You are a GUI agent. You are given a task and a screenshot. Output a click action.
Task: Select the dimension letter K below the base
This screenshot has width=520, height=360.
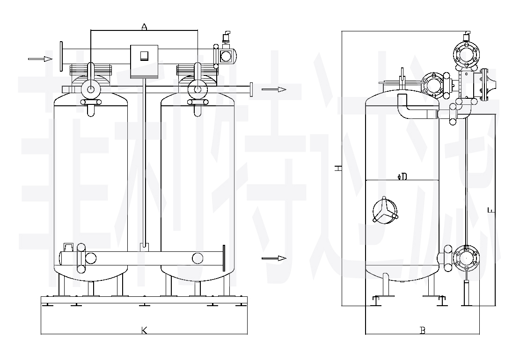[x=144, y=331]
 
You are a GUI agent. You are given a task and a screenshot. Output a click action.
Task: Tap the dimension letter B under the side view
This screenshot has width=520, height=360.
[x=422, y=331]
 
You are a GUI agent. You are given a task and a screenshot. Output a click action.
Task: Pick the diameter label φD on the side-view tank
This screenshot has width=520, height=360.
[x=402, y=176]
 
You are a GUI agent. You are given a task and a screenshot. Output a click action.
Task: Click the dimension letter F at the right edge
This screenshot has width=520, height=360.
[x=490, y=211]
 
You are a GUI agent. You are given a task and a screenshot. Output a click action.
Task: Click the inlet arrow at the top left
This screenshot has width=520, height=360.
[x=40, y=59]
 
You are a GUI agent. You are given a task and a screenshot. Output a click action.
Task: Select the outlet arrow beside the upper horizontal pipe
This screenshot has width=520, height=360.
[x=273, y=89]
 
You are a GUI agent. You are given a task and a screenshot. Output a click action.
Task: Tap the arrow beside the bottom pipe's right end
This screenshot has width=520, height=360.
[x=274, y=258]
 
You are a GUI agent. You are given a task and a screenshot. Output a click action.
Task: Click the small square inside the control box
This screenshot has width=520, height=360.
[x=144, y=56]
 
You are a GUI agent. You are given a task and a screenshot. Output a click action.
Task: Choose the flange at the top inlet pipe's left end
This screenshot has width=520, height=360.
[x=61, y=57]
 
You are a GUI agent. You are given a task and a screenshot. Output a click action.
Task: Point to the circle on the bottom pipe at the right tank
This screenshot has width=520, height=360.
[x=198, y=258]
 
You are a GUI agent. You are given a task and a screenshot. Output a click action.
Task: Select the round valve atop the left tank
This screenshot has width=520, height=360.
[x=90, y=89]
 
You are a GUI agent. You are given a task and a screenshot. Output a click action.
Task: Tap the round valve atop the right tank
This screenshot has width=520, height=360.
[x=197, y=89]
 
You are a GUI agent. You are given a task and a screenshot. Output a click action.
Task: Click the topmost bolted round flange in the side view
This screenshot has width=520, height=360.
[x=466, y=55]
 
